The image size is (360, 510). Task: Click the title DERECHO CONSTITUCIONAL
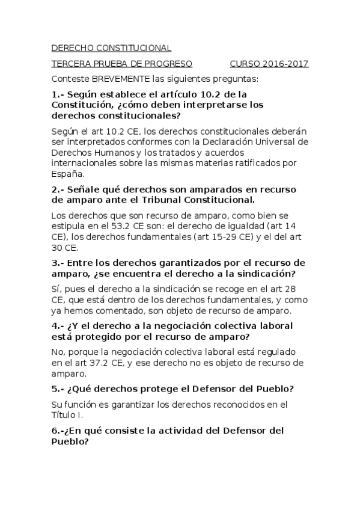(111, 48)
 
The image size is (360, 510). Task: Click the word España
(67, 173)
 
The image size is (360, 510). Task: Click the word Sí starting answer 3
(56, 289)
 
